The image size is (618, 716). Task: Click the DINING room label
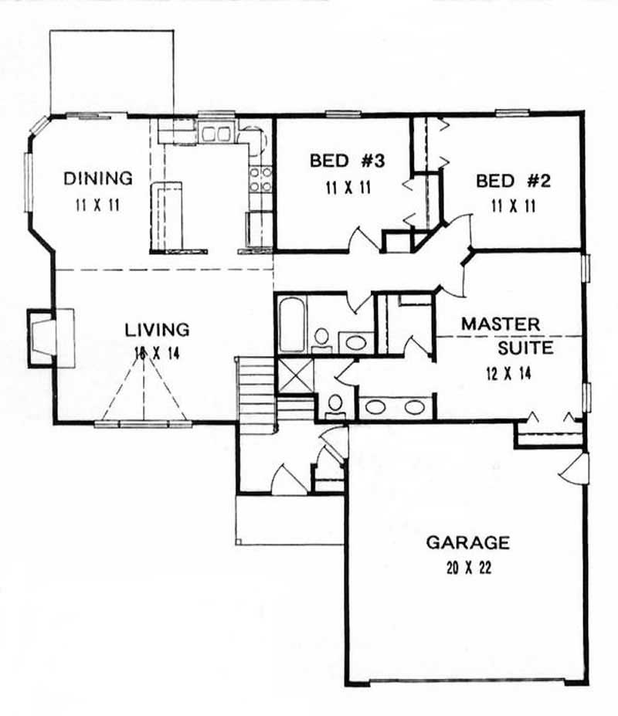click(97, 178)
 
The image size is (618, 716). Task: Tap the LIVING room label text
click(157, 330)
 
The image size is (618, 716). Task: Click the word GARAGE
click(467, 542)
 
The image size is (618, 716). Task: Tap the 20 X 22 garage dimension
click(467, 568)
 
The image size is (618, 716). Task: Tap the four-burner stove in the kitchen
click(261, 179)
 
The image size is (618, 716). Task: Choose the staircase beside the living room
click(256, 386)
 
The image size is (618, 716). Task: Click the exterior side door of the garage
click(576, 470)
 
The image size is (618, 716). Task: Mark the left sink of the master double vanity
click(379, 407)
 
